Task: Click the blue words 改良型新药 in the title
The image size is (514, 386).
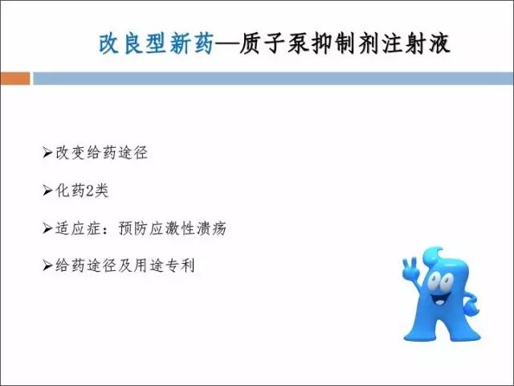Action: (157, 43)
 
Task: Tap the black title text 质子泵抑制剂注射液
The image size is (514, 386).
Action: (345, 43)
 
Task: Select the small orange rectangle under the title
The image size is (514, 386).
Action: (15, 79)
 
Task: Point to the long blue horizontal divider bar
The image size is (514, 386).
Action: (273, 79)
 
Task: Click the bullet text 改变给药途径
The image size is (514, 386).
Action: (102, 153)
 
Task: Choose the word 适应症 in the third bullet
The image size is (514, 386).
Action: (77, 228)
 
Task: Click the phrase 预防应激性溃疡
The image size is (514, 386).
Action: (173, 228)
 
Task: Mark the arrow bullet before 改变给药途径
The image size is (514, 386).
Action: (47, 153)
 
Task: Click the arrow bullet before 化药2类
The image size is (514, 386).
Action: (47, 191)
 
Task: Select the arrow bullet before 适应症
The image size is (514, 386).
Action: (47, 228)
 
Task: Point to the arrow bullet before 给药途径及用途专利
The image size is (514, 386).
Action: (47, 265)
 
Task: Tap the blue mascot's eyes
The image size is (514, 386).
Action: (440, 281)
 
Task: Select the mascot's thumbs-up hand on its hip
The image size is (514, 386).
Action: (471, 306)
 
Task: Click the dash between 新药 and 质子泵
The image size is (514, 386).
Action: (226, 44)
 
